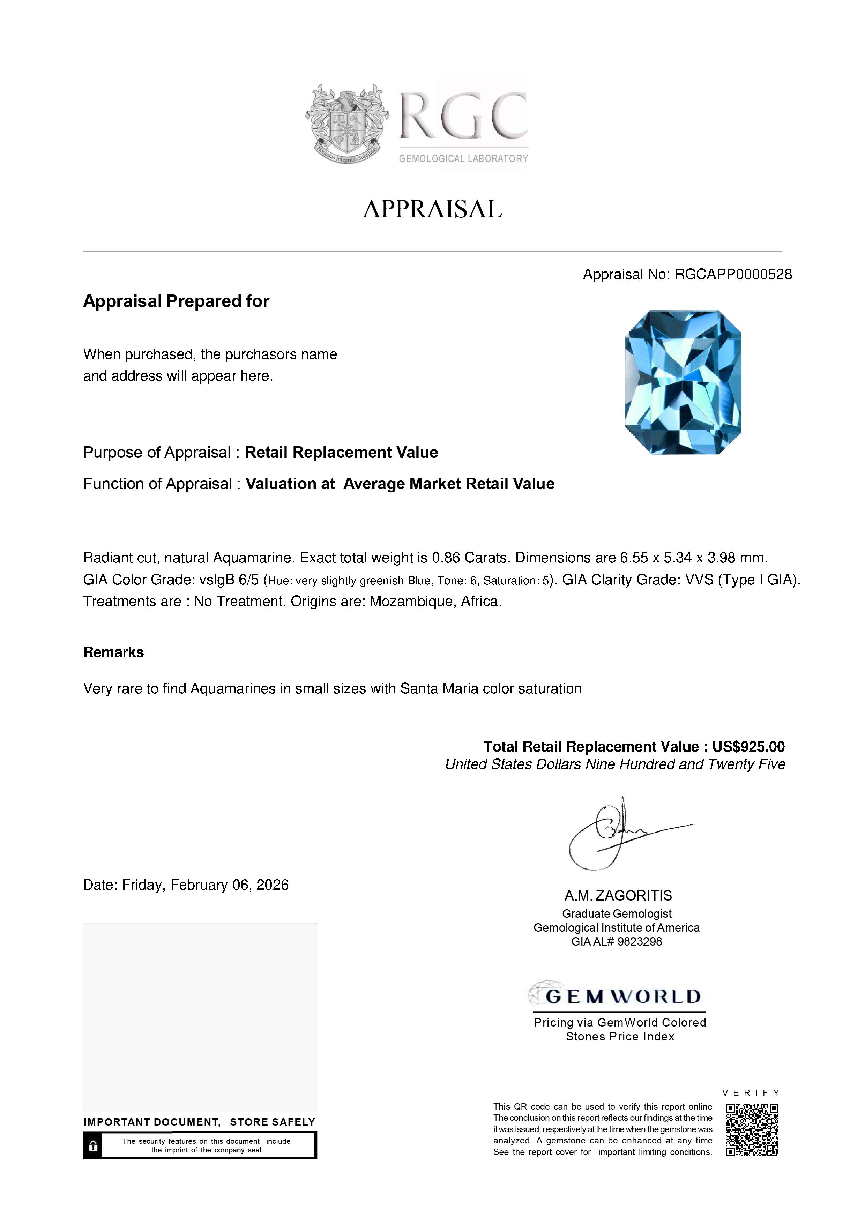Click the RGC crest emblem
pos(346,123)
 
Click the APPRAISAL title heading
pos(432,209)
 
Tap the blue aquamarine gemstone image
pos(683,382)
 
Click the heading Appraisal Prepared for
pos(176,301)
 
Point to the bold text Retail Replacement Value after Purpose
pos(341,453)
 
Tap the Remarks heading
pos(113,652)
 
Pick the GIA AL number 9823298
pos(640,941)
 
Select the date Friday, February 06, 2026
pos(205,885)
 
